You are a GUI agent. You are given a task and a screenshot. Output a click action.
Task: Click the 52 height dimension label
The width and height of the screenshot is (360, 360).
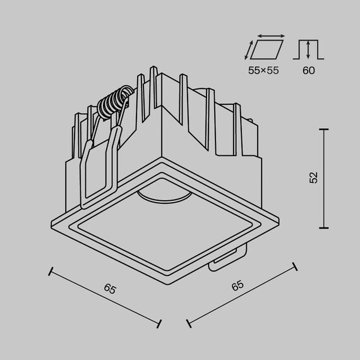pyautogui.click(x=314, y=178)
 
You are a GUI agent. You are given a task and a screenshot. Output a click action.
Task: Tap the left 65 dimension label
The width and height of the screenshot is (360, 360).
pyautogui.click(x=110, y=290)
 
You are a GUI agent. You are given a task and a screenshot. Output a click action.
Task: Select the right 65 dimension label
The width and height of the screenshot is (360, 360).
pyautogui.click(x=237, y=285)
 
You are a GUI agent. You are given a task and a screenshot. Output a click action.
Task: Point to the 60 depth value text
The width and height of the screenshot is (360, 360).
pyautogui.click(x=308, y=71)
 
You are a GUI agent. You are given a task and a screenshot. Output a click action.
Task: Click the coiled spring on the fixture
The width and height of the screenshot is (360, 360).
pyautogui.click(x=117, y=105)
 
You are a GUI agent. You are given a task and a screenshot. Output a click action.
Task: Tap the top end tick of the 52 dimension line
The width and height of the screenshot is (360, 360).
pyautogui.click(x=325, y=129)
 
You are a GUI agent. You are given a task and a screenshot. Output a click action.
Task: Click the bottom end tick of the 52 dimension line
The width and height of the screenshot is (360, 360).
pyautogui.click(x=325, y=228)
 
